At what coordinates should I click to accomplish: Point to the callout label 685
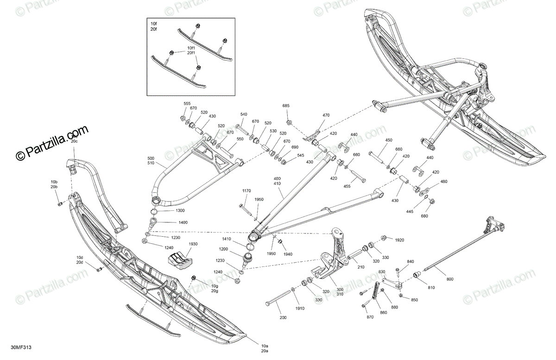286,106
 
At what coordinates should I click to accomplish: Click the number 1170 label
246,190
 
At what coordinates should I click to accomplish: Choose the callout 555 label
187,103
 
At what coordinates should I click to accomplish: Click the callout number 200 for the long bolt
283,317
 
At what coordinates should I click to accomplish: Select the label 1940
288,254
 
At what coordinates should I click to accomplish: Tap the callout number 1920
399,240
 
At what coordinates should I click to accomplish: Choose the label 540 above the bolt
243,114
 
